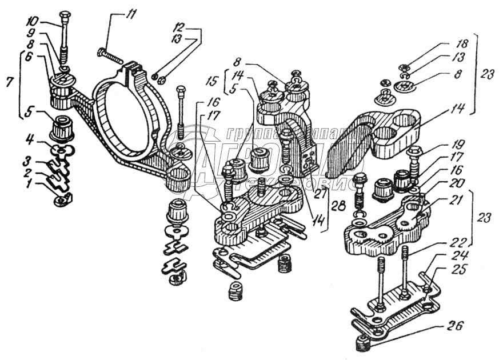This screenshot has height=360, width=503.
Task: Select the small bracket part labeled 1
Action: click(x=63, y=198)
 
